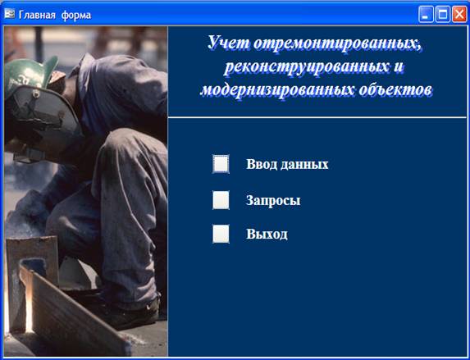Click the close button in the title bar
(x=459, y=14)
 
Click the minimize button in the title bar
(x=426, y=14)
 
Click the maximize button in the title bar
(x=443, y=14)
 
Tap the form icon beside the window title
(x=10, y=14)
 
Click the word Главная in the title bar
(x=37, y=15)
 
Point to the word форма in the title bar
(x=76, y=16)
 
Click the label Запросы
(x=273, y=201)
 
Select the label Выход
(x=267, y=234)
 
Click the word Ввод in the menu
(x=260, y=164)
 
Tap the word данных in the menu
(x=304, y=165)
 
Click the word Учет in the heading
(x=228, y=43)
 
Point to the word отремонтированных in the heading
(x=338, y=43)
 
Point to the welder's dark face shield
(x=42, y=117)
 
